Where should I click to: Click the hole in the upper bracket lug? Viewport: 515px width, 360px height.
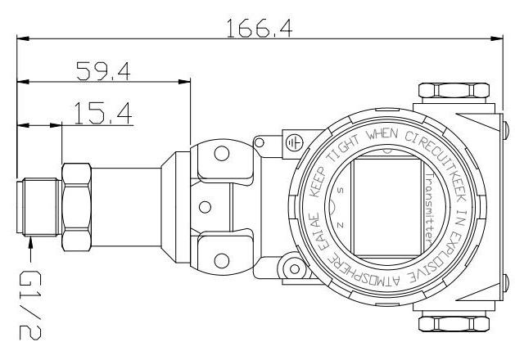[219, 152]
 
